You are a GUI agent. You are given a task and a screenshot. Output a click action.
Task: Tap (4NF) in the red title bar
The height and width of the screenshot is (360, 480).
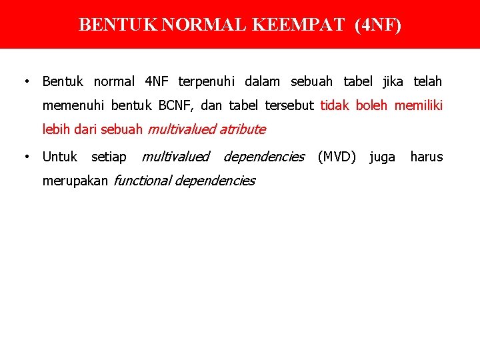(x=379, y=25)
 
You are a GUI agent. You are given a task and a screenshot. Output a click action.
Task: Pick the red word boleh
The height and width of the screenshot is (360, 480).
(x=373, y=106)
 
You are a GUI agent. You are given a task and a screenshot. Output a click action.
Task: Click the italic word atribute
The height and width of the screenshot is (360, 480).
(x=243, y=129)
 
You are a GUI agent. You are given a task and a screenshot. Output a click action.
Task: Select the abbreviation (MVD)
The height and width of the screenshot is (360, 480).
(x=337, y=157)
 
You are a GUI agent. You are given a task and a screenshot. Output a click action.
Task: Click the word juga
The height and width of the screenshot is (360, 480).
(x=382, y=157)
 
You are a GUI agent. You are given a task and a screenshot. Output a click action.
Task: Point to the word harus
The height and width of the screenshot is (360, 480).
(x=427, y=157)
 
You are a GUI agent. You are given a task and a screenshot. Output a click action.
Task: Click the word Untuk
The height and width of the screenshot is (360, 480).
(x=60, y=157)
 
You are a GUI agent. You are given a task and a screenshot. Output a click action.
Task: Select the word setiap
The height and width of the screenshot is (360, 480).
(x=109, y=157)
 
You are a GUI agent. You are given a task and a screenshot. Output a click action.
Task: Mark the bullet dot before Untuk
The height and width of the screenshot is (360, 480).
(x=25, y=157)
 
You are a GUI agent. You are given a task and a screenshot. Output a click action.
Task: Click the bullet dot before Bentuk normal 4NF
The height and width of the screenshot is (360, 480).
(x=25, y=82)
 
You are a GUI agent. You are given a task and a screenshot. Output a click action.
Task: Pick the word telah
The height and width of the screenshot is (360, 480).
(x=428, y=82)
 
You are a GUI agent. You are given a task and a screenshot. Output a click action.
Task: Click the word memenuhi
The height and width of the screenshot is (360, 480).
(x=74, y=106)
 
